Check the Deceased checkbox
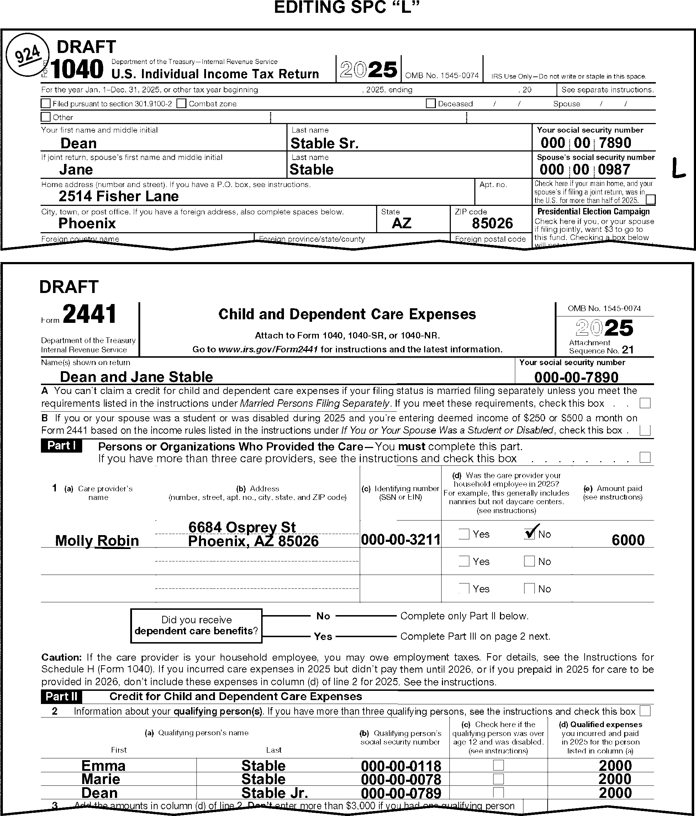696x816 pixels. pyautogui.click(x=431, y=103)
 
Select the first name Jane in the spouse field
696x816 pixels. pyautogui.click(x=76, y=170)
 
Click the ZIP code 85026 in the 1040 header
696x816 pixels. pyautogui.click(x=492, y=223)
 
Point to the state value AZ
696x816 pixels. pyautogui.click(x=401, y=223)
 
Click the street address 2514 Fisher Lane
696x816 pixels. pyautogui.click(x=118, y=196)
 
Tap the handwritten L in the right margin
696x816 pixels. pyautogui.click(x=678, y=168)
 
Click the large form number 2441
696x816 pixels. pyautogui.click(x=89, y=314)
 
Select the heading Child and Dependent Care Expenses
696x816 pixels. pyautogui.click(x=347, y=314)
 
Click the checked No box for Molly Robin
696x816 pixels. pyautogui.click(x=529, y=534)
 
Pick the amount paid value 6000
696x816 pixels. pyautogui.click(x=628, y=540)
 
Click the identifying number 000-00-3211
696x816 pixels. pyautogui.click(x=400, y=539)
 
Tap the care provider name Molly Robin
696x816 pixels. pyautogui.click(x=97, y=541)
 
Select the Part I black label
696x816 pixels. pyautogui.click(x=62, y=446)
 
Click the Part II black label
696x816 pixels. pyautogui.click(x=62, y=696)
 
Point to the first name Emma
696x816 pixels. pyautogui.click(x=103, y=766)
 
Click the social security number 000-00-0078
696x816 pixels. pyautogui.click(x=401, y=779)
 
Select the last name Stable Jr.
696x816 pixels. pyautogui.click(x=274, y=793)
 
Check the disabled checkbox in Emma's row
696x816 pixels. pyautogui.click(x=499, y=765)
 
